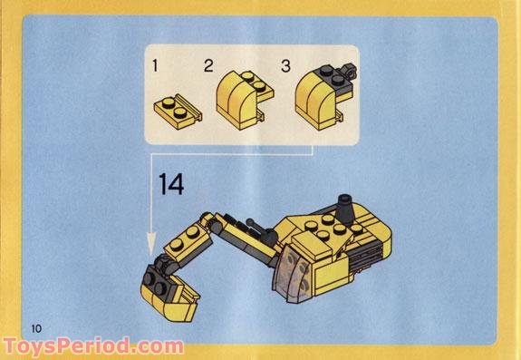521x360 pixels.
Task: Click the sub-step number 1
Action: (156, 66)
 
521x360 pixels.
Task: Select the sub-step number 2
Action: (208, 65)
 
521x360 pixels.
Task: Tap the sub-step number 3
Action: (285, 66)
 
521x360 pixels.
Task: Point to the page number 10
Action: (36, 326)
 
